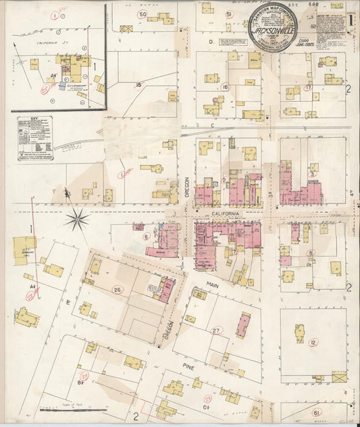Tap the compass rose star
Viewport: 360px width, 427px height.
pyautogui.click(x=78, y=218)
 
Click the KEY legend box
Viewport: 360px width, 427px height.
pyautogui.click(x=36, y=138)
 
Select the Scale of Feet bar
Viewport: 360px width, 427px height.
pyautogui.click(x=64, y=409)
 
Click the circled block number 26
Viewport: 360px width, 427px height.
pyautogui.click(x=117, y=291)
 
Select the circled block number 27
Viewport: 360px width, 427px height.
pyautogui.click(x=216, y=330)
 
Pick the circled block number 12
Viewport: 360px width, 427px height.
pyautogui.click(x=313, y=343)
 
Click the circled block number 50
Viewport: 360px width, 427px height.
pyautogui.click(x=142, y=14)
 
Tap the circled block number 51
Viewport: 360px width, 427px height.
pyautogui.click(x=229, y=14)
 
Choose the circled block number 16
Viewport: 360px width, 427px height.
pyautogui.click(x=226, y=87)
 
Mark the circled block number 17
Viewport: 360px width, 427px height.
pyautogui.click(x=308, y=87)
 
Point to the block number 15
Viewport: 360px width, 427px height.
pyautogui.click(x=138, y=84)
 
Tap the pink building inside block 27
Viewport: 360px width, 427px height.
pyautogui.click(x=243, y=324)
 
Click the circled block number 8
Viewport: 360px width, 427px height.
pyautogui.click(x=311, y=253)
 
